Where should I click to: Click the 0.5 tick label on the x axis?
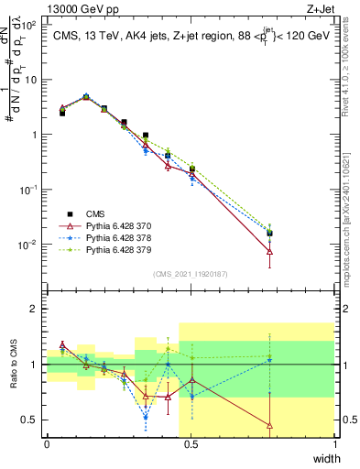pos(191,443)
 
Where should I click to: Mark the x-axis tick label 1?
pos(335,443)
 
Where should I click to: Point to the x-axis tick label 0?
pos(47,443)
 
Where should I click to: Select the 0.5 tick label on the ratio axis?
pos(30,420)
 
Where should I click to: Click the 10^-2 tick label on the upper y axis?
pos(27,245)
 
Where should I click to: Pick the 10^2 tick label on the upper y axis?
pos(27,25)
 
